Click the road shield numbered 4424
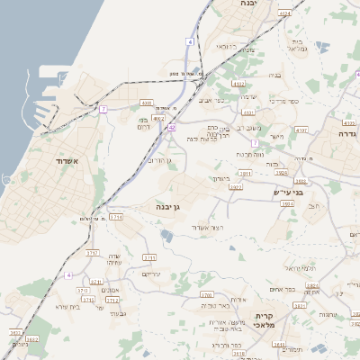[x=284, y=13]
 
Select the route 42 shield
[x=171, y=128]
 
